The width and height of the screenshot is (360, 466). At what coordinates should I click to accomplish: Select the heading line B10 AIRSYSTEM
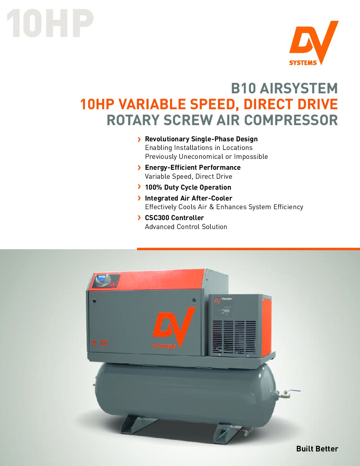pos(284,88)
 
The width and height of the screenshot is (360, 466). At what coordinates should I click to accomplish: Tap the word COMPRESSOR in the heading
pos(291,120)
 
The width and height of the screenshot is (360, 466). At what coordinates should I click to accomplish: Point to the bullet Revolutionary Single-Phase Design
pos(201,139)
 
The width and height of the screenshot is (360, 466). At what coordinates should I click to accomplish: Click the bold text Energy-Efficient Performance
pos(193,167)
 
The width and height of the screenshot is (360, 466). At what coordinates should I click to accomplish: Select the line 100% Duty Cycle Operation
pos(188,187)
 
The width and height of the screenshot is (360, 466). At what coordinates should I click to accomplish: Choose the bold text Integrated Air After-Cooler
pos(189,198)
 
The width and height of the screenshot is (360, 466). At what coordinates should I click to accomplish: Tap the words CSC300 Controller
pos(174,218)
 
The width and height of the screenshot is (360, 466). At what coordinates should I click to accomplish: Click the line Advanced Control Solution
pos(186,227)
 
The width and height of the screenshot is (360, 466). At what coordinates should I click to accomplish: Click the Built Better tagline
pos(317,449)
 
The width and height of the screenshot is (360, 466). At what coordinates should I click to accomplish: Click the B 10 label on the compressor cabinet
pos(100,343)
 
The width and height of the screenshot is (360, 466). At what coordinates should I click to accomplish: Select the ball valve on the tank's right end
pos(286,394)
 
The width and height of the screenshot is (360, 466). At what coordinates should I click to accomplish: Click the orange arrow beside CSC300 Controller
pos(139,218)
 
